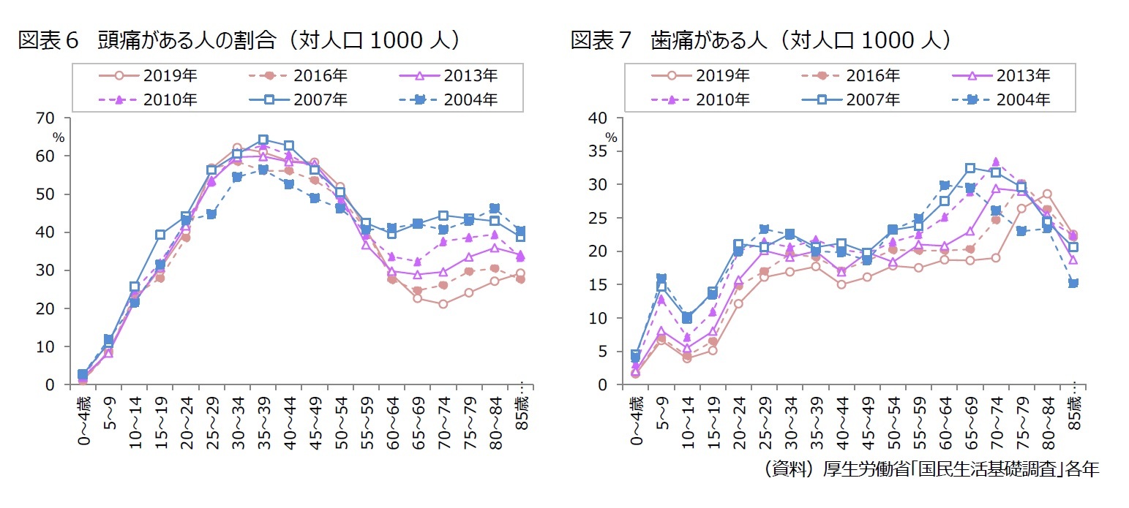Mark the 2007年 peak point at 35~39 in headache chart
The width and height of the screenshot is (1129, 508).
pos(263,140)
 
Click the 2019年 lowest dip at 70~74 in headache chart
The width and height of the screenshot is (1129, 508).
pos(442,303)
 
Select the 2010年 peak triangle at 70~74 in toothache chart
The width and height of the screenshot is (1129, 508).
pos(995,162)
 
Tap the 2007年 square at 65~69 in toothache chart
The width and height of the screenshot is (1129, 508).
pos(969,168)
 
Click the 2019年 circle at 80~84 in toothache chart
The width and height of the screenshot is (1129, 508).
pos(1046,194)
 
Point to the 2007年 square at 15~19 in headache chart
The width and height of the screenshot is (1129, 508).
pos(160,235)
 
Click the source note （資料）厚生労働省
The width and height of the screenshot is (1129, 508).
pos(929,469)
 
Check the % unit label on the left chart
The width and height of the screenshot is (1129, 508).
pos(59,137)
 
